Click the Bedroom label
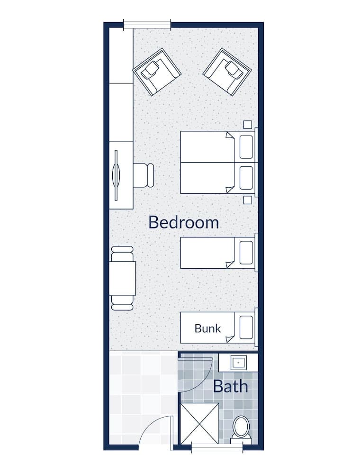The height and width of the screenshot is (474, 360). click(x=184, y=222)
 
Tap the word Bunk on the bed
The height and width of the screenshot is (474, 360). click(x=207, y=328)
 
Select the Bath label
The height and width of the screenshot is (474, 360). click(x=230, y=386)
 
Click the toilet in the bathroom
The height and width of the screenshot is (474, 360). click(x=242, y=428)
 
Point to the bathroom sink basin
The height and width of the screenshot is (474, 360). click(x=238, y=363)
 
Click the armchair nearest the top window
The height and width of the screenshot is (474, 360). click(x=157, y=72)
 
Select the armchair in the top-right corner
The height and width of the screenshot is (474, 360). click(x=227, y=71)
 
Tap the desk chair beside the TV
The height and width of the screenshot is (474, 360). click(x=144, y=175)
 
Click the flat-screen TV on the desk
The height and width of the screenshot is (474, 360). click(x=117, y=175)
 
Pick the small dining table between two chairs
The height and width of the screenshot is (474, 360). click(x=123, y=278)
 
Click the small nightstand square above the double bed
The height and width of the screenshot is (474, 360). click(x=247, y=125)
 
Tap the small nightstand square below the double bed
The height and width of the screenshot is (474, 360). click(x=247, y=200)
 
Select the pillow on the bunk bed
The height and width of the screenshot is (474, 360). click(x=246, y=327)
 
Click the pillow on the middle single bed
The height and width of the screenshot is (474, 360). click(x=246, y=253)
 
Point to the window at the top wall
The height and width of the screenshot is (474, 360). click(x=147, y=24)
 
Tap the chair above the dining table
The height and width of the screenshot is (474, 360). click(x=122, y=254)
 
